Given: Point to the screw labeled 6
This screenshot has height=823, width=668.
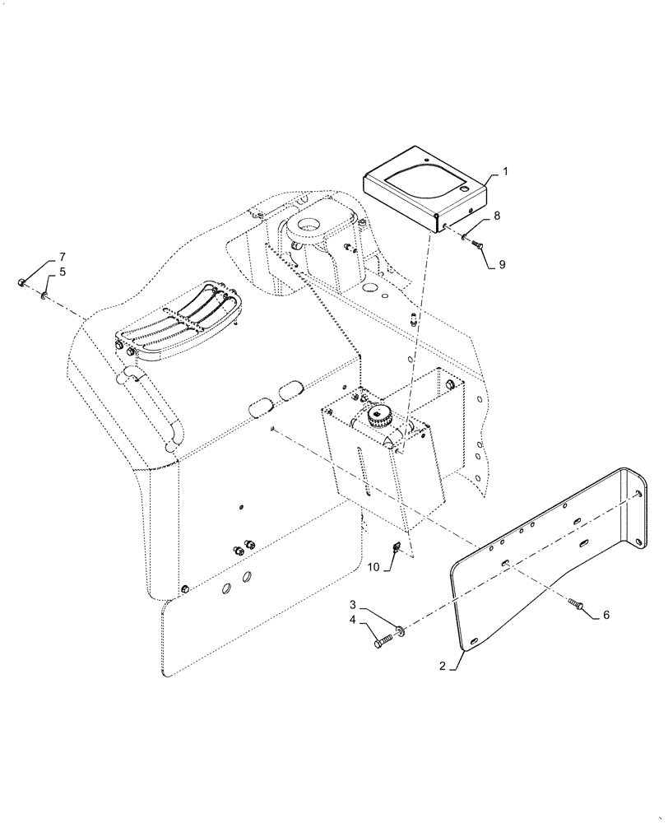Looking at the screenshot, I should (x=576, y=605).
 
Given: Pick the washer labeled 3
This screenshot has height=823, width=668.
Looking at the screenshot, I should (x=400, y=631).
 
